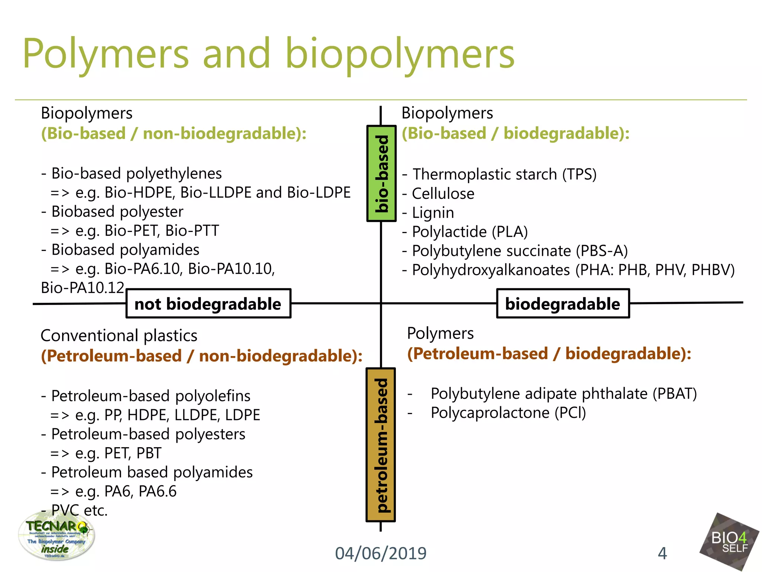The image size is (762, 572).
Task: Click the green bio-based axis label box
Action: (x=381, y=174)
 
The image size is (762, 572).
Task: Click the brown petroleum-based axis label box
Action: (x=381, y=445)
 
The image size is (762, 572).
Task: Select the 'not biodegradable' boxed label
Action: (x=208, y=304)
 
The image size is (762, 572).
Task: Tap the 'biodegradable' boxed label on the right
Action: (x=563, y=304)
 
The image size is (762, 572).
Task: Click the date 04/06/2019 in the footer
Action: (x=381, y=553)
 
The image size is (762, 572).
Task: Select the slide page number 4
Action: (x=662, y=553)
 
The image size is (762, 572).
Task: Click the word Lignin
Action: (x=433, y=213)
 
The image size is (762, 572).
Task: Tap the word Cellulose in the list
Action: (x=443, y=194)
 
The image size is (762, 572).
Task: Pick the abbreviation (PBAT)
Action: (x=675, y=394)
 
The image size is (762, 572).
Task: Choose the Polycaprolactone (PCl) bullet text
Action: (x=508, y=413)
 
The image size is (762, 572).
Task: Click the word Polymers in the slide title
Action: (x=106, y=54)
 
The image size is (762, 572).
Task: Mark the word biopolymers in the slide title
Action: (x=400, y=54)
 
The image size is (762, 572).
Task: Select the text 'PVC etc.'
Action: (x=79, y=511)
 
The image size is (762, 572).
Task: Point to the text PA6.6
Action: (x=157, y=492)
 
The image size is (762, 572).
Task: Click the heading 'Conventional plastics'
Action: (x=119, y=336)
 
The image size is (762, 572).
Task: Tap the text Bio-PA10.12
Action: (x=82, y=288)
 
